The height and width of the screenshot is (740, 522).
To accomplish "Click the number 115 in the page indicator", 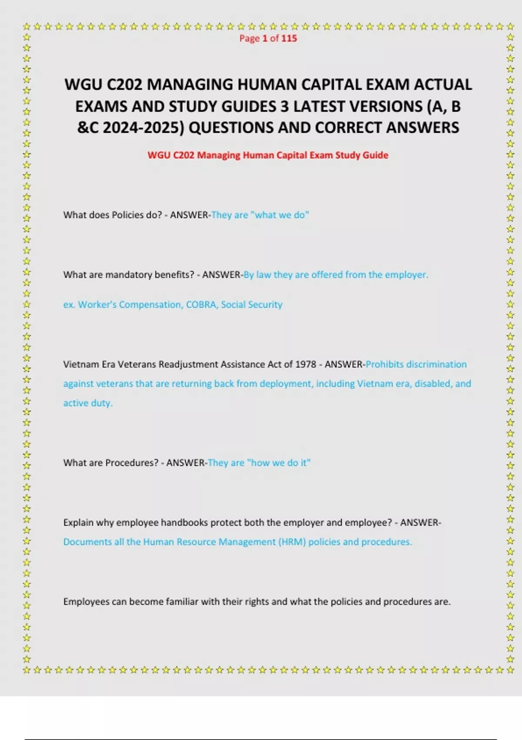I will (289, 38).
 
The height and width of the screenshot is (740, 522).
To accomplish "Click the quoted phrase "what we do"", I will (280, 215).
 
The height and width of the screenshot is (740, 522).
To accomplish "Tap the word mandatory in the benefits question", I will (128, 275).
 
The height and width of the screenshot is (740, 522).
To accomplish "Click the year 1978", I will (305, 364).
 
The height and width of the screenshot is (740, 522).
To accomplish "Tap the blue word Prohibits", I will (385, 364).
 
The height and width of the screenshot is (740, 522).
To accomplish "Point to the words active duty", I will (88, 404).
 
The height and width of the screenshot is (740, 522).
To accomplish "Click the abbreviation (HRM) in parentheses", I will (292, 542).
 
